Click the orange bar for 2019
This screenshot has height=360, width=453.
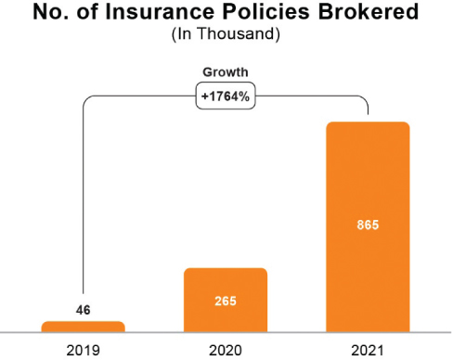click(84, 326)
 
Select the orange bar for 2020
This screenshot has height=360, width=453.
click(226, 300)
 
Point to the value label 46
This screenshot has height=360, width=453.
click(84, 309)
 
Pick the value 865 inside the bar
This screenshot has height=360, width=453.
click(368, 225)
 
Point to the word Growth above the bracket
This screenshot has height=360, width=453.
click(226, 71)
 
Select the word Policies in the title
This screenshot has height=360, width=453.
click(266, 14)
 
